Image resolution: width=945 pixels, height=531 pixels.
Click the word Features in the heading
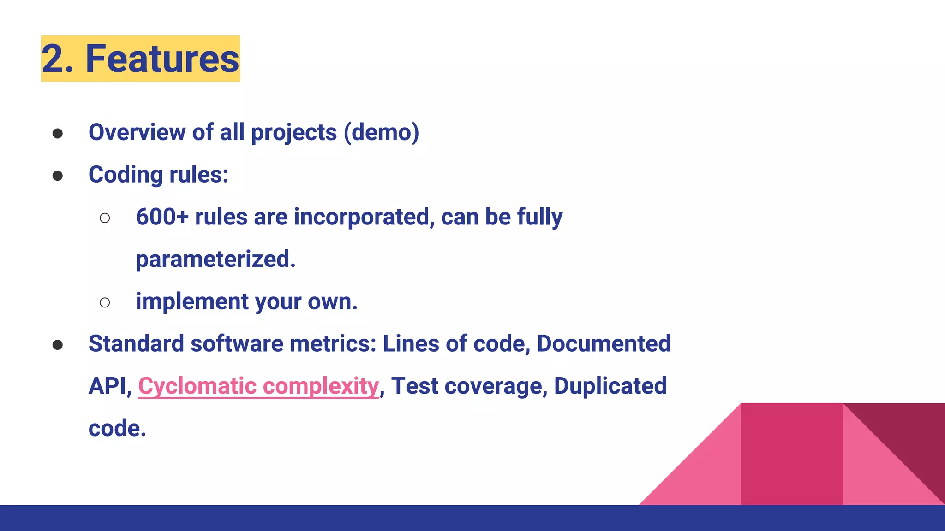[x=162, y=59]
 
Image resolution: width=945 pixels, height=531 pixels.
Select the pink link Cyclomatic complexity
[x=258, y=386]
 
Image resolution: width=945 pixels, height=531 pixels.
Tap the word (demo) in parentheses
[x=382, y=133]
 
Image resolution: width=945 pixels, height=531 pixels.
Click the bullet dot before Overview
[x=58, y=134]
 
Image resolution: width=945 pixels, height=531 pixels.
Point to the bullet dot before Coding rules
[x=58, y=176]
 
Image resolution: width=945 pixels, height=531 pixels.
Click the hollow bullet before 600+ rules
[x=105, y=218]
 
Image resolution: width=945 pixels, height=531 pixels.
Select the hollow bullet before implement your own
[x=105, y=303]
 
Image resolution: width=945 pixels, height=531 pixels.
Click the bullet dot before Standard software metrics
[x=58, y=345]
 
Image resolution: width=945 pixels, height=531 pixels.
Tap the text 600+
[x=162, y=217]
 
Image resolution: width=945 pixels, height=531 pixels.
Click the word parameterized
[x=215, y=260]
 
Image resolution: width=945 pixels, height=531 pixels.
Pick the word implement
[x=192, y=302]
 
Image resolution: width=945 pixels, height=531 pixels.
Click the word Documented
[x=604, y=344]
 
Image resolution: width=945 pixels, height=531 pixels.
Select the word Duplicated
[x=610, y=386]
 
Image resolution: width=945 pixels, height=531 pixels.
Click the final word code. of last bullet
[x=117, y=429]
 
